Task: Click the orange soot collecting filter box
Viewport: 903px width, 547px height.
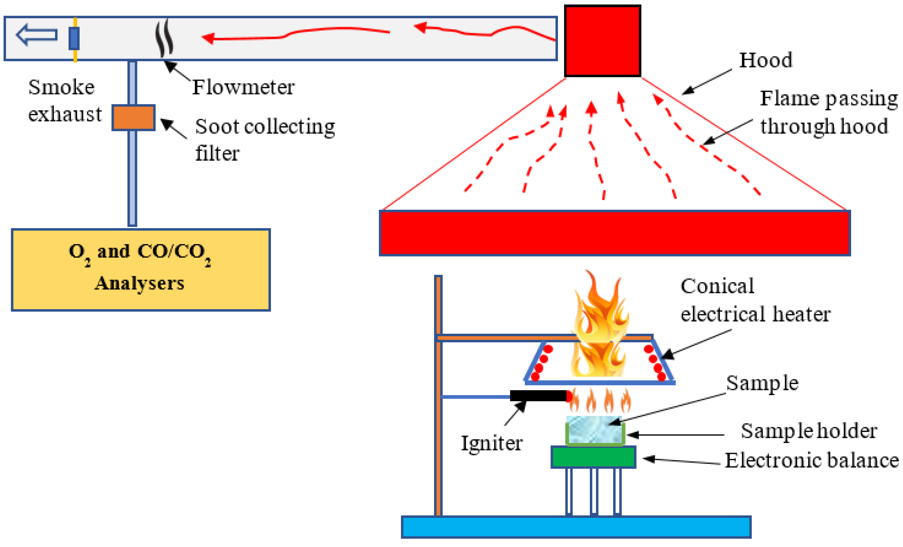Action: click(134, 118)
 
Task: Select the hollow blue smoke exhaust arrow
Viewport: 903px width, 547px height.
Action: click(36, 35)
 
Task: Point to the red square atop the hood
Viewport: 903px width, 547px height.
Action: click(602, 41)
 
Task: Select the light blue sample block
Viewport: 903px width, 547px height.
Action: click(594, 429)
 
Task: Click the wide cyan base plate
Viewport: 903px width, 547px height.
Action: click(576, 527)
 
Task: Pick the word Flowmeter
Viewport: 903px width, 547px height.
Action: click(243, 87)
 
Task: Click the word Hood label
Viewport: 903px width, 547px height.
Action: click(765, 60)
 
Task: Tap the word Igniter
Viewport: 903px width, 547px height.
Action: click(491, 443)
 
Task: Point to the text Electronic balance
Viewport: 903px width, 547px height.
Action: click(811, 460)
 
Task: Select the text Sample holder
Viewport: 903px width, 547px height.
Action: click(809, 431)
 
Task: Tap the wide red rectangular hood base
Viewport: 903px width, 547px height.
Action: click(614, 233)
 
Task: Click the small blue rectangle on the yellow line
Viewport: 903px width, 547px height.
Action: click(74, 38)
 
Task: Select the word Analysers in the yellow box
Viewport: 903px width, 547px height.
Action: click(139, 284)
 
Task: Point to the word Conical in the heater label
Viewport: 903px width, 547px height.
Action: click(717, 286)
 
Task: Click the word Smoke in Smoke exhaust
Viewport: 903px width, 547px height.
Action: click(61, 87)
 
